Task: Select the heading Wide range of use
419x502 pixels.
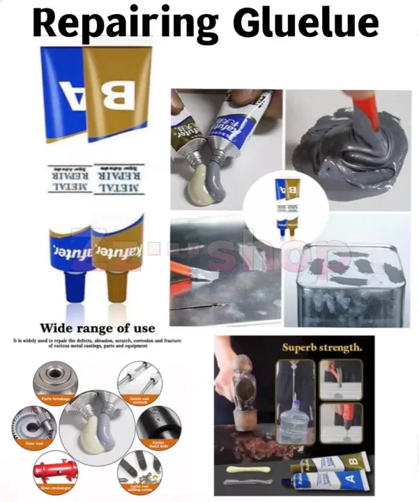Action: (98, 328)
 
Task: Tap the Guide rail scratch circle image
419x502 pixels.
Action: (139, 379)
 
